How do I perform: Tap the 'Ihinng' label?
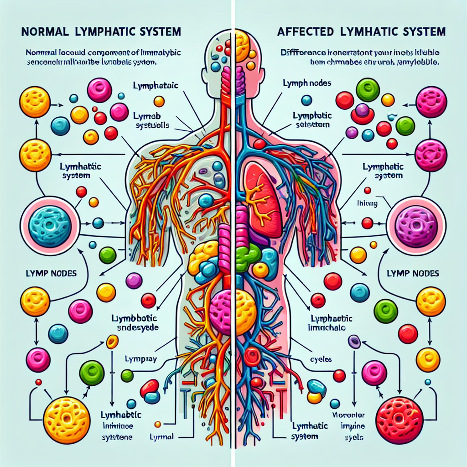[x=367, y=204]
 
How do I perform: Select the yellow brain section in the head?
[x=242, y=46]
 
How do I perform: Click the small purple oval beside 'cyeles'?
[x=354, y=341]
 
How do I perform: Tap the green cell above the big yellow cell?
[x=93, y=373]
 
